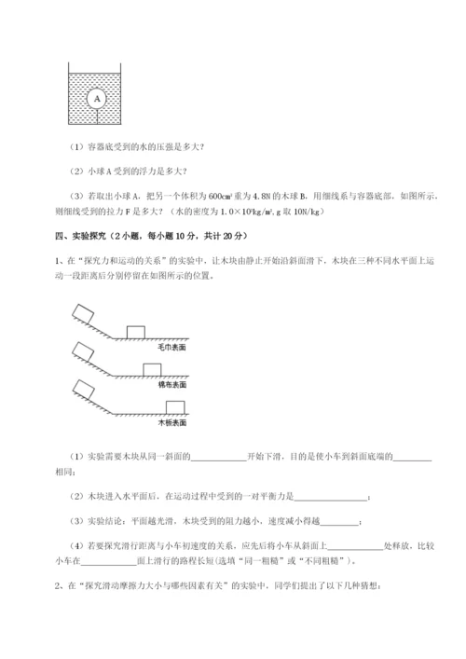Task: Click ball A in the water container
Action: [96, 97]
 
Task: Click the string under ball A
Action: [96, 116]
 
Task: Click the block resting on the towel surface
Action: [136, 330]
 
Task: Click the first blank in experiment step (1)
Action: [219, 456]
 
